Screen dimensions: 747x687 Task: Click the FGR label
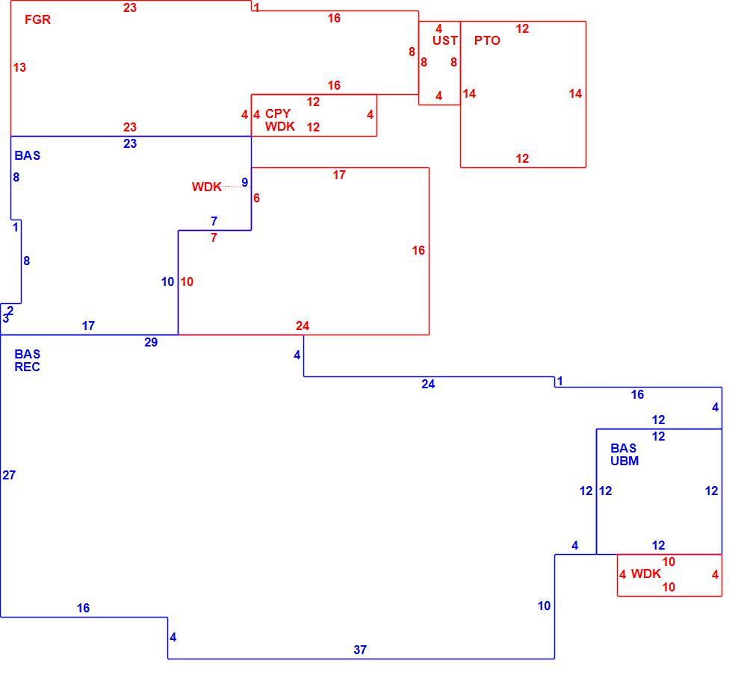tap(37, 19)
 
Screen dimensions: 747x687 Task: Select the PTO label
tap(487, 40)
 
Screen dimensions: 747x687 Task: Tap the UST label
tap(445, 40)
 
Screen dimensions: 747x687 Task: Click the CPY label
tap(278, 114)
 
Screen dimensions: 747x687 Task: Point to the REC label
tap(27, 367)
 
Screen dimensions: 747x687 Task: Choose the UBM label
tap(624, 461)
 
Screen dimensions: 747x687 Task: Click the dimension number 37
tap(360, 650)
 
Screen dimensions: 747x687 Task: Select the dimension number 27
tap(9, 475)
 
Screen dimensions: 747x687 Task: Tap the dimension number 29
tap(151, 342)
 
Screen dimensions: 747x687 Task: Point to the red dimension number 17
tap(339, 175)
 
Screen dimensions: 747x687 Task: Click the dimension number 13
tap(19, 68)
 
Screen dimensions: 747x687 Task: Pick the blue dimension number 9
tap(245, 182)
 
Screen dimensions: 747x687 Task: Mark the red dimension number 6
tap(257, 198)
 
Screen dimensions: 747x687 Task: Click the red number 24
tap(303, 326)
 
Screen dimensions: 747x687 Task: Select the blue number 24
tap(428, 385)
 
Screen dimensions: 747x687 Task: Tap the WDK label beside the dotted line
tap(207, 187)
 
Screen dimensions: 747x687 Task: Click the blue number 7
tap(214, 221)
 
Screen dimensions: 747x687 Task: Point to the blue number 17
tap(89, 326)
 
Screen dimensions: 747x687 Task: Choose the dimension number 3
tap(6, 319)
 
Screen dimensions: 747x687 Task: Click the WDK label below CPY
tap(280, 126)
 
